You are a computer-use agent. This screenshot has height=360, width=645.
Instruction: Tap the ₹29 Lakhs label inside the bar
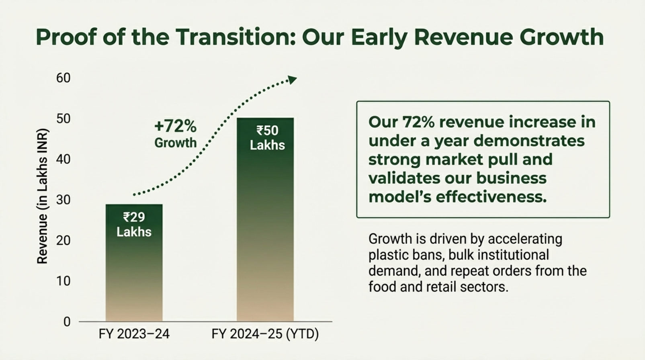point(134,224)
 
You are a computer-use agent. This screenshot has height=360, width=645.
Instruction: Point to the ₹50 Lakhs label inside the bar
point(267,137)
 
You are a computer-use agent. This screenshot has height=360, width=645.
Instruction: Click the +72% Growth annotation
point(175,134)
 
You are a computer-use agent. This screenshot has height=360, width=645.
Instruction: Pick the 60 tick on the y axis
point(63,78)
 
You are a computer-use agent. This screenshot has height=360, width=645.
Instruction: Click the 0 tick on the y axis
point(67,321)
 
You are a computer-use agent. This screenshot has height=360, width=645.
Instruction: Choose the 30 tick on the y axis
point(63,200)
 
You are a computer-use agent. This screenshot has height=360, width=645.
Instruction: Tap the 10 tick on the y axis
point(63,281)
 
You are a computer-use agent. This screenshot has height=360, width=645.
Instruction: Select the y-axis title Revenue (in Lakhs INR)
point(42,196)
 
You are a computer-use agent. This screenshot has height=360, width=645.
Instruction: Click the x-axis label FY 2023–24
point(134,334)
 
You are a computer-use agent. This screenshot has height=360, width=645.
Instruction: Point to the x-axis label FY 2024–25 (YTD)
point(265,334)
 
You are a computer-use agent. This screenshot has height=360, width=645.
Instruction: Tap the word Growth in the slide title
point(561,37)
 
